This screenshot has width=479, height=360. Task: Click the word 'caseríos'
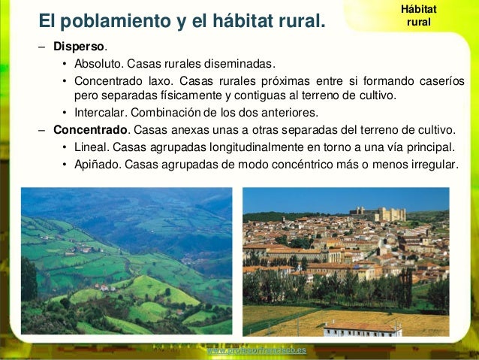[439, 81]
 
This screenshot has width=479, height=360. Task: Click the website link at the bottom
[257, 350]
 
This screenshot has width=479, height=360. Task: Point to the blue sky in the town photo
[315, 198]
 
